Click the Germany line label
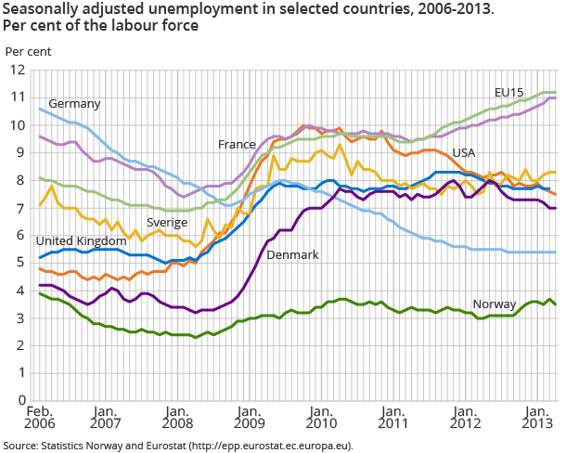(74, 103)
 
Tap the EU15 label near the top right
(509, 93)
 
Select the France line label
(237, 145)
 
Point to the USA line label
(465, 151)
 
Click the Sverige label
(167, 223)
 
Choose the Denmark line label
(293, 254)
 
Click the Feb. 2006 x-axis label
(39, 418)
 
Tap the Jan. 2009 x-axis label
(249, 418)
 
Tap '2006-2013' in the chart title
(368, 9)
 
